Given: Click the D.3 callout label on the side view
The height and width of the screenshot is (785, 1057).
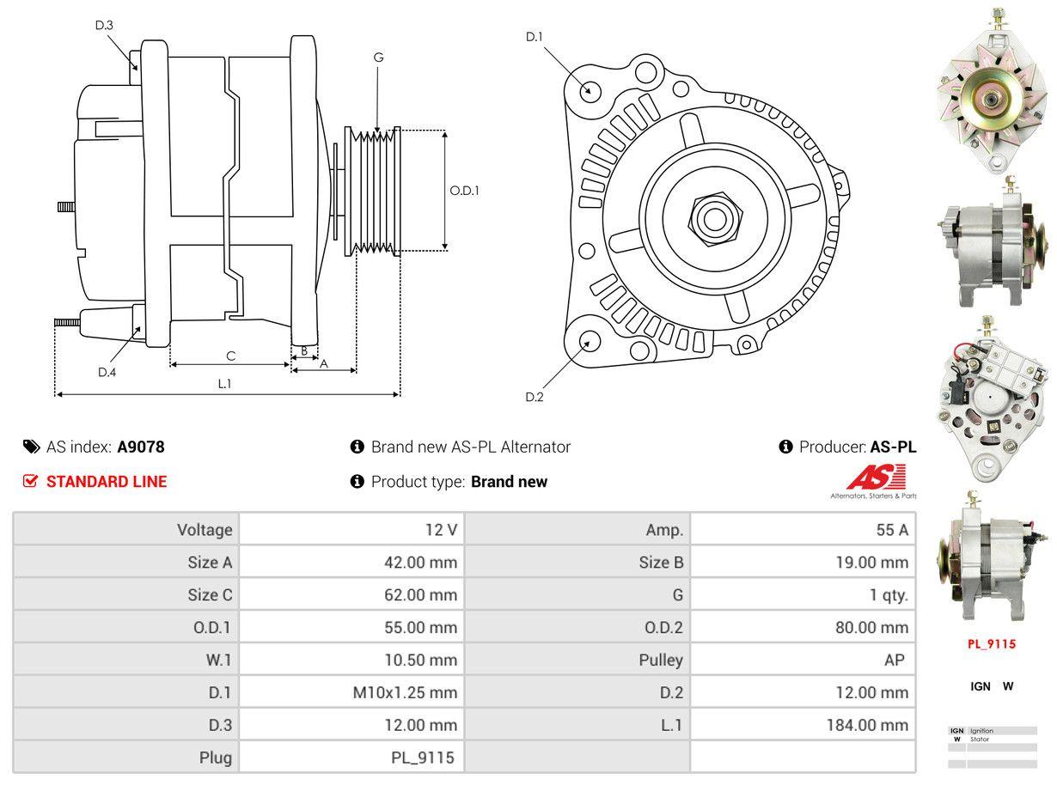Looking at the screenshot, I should [x=104, y=25].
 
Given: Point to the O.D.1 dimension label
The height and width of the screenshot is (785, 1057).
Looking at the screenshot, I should [x=464, y=190].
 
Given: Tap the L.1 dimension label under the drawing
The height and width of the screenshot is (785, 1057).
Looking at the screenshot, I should [x=224, y=384].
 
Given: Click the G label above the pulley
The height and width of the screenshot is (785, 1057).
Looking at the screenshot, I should [x=378, y=58].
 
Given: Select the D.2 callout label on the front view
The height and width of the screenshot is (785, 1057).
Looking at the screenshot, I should [x=535, y=397].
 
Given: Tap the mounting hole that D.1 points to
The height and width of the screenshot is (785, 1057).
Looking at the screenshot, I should [x=590, y=89].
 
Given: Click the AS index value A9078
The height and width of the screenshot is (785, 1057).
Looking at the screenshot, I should [x=141, y=447].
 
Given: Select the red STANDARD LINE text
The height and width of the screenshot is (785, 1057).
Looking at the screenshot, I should [x=107, y=482].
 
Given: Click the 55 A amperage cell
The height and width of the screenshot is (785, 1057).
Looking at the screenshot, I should [x=892, y=530].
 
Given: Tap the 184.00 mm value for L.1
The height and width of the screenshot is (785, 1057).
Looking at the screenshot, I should [x=867, y=725].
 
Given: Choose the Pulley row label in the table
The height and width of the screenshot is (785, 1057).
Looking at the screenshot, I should [x=661, y=660].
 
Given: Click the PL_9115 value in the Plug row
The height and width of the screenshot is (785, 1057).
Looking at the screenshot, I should [x=422, y=758].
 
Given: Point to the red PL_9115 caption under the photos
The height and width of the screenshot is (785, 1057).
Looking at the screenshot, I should [x=992, y=643].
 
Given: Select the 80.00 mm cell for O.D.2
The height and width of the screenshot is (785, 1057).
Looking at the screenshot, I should [x=871, y=627].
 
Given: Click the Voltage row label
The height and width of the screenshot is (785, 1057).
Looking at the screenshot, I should [x=205, y=530].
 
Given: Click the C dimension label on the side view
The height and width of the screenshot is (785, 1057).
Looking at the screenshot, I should [x=230, y=356].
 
